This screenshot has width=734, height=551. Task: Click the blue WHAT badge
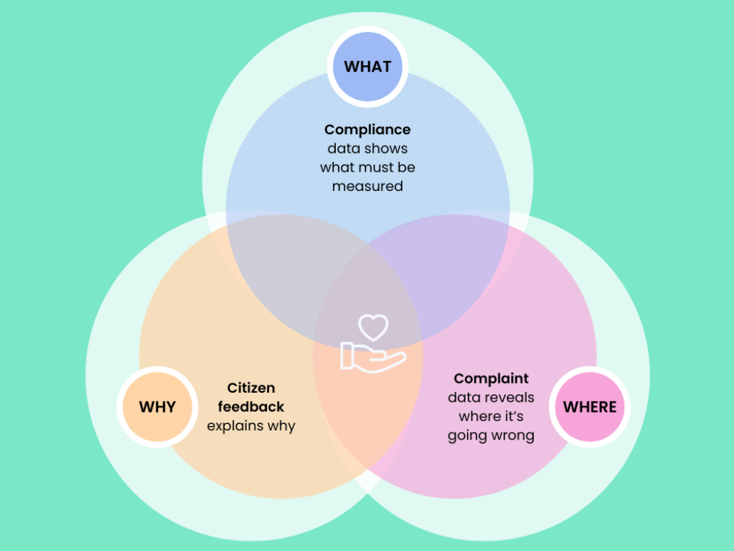(x=368, y=67)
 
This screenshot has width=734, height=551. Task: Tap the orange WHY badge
(x=157, y=407)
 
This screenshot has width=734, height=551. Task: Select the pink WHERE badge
(x=589, y=407)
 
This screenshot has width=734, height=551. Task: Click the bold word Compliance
(x=367, y=130)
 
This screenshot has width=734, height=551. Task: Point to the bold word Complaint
(x=491, y=378)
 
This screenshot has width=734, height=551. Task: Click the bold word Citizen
(x=251, y=388)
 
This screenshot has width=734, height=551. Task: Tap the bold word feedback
(x=251, y=407)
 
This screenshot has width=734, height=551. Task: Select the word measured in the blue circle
(x=367, y=187)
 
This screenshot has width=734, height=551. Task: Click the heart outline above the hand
(x=373, y=327)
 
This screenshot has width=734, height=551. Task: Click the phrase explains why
(x=251, y=426)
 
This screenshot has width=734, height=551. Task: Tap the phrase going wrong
(x=491, y=435)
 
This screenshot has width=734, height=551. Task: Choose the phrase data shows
(x=367, y=149)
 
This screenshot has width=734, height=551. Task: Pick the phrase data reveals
(x=491, y=398)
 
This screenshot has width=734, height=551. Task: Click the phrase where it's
(x=491, y=416)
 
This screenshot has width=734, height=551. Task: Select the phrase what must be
(x=367, y=168)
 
